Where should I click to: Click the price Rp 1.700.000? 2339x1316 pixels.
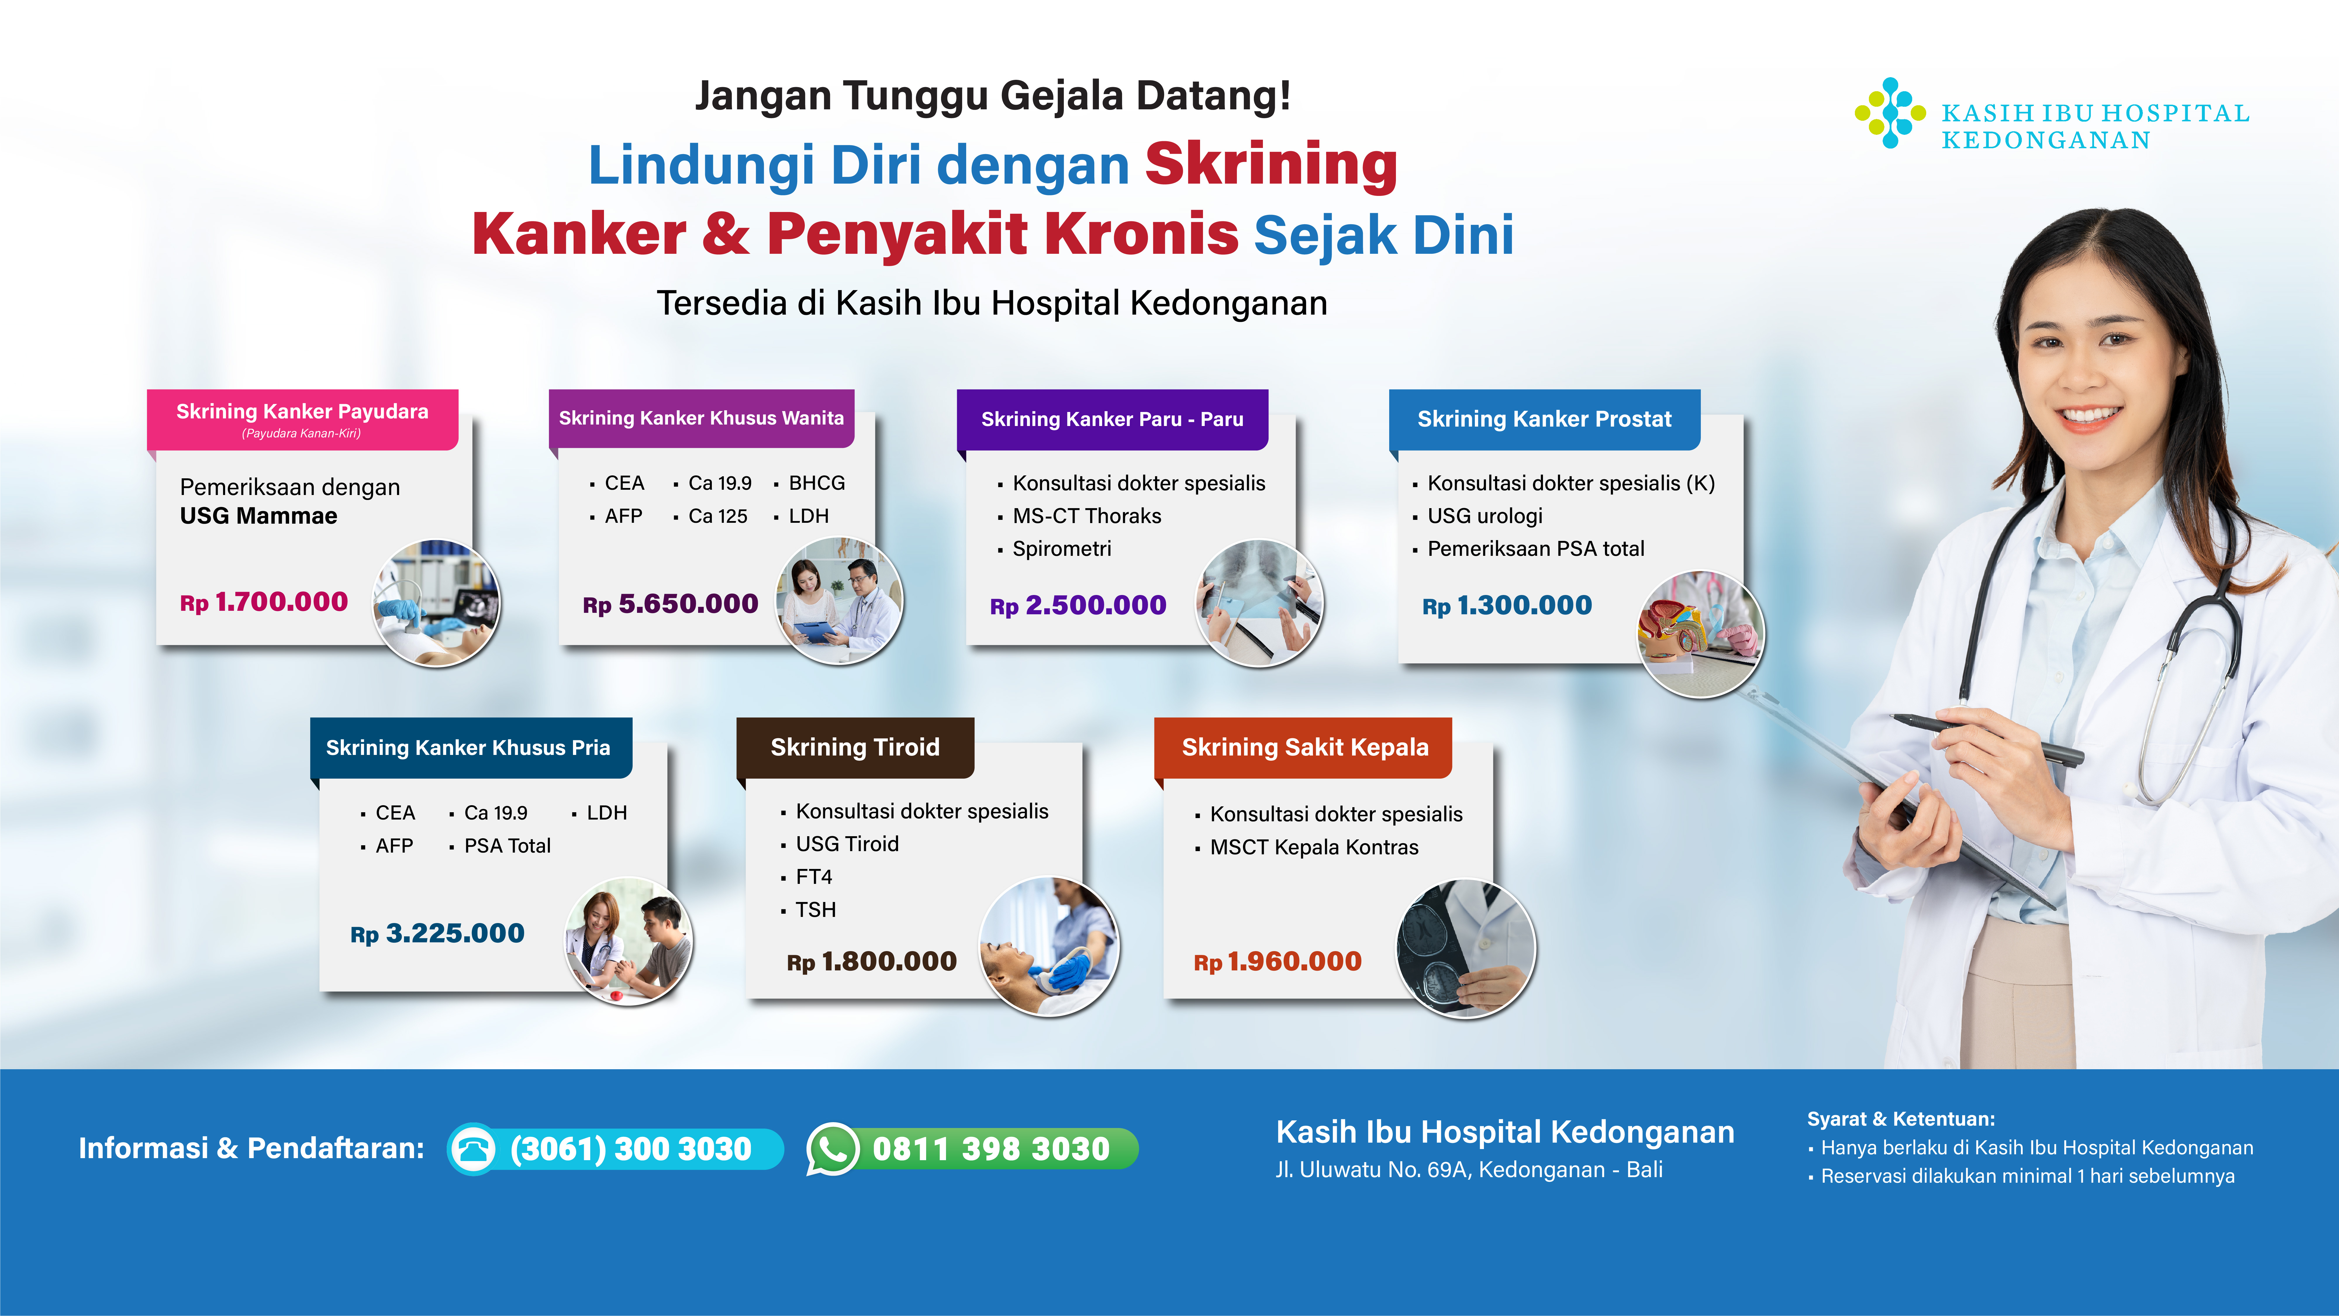pyautogui.click(x=263, y=602)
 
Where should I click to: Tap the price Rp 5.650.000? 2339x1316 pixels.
pyautogui.click(x=670, y=604)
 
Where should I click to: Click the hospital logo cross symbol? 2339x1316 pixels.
pyautogui.click(x=1890, y=113)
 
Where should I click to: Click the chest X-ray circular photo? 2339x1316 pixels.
pyautogui.click(x=1259, y=603)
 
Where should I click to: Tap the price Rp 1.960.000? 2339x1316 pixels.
pyautogui.click(x=1278, y=962)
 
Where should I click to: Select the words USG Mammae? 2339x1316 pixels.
pyautogui.click(x=259, y=516)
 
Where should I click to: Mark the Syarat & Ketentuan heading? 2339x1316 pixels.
pyautogui.click(x=1900, y=1119)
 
